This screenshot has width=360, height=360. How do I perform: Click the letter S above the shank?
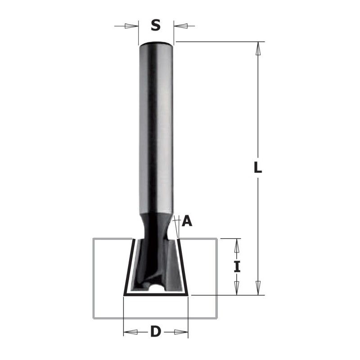(x=155, y=26)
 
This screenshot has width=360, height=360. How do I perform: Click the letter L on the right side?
(x=257, y=168)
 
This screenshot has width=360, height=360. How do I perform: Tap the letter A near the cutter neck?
(x=188, y=220)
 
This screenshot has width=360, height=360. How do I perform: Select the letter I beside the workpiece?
(x=237, y=266)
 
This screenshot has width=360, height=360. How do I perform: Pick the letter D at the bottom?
(x=155, y=332)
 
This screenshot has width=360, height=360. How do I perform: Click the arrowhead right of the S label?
(x=180, y=26)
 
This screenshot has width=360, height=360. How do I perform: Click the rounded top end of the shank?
(x=156, y=44)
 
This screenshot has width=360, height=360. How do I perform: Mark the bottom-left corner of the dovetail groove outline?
(x=124, y=295)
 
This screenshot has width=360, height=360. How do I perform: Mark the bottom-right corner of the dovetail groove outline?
(x=187, y=295)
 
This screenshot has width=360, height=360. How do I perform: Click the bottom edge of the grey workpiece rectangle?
(x=155, y=318)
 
